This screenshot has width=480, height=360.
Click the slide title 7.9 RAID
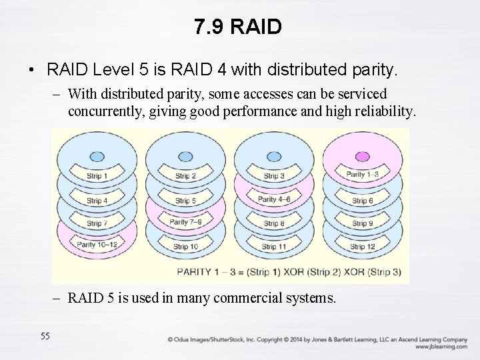pos(239,27)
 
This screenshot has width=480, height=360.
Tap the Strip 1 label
pos(97,177)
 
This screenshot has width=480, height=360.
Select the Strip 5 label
pos(185,201)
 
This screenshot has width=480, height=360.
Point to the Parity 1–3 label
pos(363,175)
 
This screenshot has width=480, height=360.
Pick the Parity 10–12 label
pos(97,245)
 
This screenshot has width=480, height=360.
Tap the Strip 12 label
pos(362,247)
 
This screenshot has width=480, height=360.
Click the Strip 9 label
pos(362,223)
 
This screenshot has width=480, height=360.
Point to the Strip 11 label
pos(274,247)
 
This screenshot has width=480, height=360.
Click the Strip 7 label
pos(97,223)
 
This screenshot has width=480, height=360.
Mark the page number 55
pos(45,335)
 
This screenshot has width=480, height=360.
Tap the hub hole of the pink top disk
pos(363,156)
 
